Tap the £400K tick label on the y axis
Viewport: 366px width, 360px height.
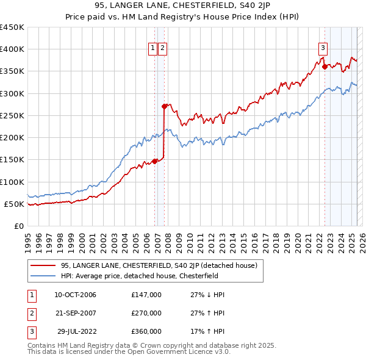point(12,49)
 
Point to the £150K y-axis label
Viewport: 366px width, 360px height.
point(12,160)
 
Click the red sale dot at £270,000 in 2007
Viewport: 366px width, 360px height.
point(165,106)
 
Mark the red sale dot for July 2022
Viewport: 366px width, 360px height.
point(325,67)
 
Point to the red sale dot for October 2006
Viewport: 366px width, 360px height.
point(155,161)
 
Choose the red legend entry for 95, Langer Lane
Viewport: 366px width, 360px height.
point(159,265)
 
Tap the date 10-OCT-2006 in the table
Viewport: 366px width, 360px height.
point(75,295)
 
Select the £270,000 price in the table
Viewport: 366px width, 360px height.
point(146,313)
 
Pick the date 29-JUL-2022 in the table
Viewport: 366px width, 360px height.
point(75,331)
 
